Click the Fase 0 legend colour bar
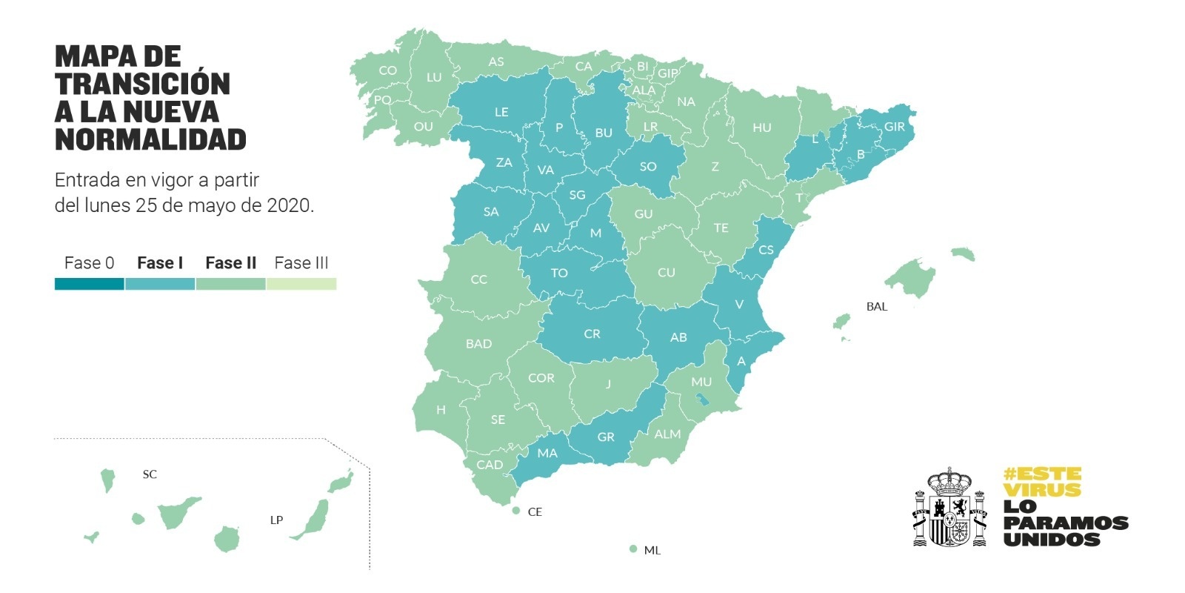pyautogui.click(x=89, y=284)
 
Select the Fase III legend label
pyautogui.click(x=301, y=262)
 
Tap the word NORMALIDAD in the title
pyautogui.click(x=150, y=139)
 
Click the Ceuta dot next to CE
pyautogui.click(x=516, y=511)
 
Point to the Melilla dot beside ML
pyautogui.click(x=632, y=549)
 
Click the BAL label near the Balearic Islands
pyautogui.click(x=876, y=306)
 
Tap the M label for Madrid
pyautogui.click(x=595, y=233)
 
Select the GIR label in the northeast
pyautogui.click(x=894, y=127)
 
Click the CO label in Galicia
pyautogui.click(x=387, y=70)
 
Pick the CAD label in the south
pyautogui.click(x=490, y=465)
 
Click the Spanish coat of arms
pyautogui.click(x=949, y=508)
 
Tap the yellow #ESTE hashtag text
pyautogui.click(x=1042, y=474)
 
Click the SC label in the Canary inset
pyautogui.click(x=150, y=474)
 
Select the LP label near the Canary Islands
pyautogui.click(x=276, y=520)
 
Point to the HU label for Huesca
pyautogui.click(x=761, y=127)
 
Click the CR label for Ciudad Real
pyautogui.click(x=592, y=334)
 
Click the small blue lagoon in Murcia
pyautogui.click(x=701, y=400)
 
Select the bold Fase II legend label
pyautogui.click(x=230, y=262)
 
